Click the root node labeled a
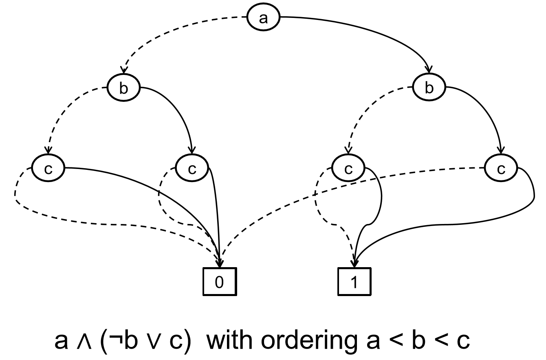pyautogui.click(x=264, y=18)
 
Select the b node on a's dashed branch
pyautogui.click(x=123, y=88)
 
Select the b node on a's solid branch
pyautogui.click(x=429, y=88)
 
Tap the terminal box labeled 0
pyautogui.click(x=219, y=282)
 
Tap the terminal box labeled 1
pyautogui.click(x=354, y=282)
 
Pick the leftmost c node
pyautogui.click(x=48, y=169)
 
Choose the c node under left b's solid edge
pyautogui.click(x=192, y=169)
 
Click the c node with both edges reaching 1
pyautogui.click(x=348, y=169)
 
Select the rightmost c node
pyautogui.click(x=501, y=169)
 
